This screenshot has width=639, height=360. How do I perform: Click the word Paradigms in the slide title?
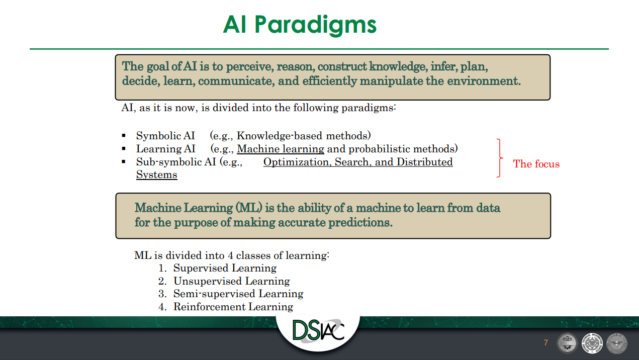(315, 25)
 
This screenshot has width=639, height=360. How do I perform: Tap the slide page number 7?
(545, 342)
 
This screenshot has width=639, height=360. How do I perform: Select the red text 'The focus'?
(536, 164)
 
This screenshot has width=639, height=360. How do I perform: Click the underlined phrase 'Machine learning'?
(281, 149)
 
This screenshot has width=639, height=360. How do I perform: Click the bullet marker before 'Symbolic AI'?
(124, 135)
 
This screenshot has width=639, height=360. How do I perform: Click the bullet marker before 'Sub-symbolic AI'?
(124, 162)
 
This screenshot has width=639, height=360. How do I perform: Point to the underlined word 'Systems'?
(157, 174)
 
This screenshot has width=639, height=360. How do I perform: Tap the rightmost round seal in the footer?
(616, 343)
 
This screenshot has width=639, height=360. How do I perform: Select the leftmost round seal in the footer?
(567, 343)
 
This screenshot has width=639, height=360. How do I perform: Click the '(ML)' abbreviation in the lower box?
(249, 208)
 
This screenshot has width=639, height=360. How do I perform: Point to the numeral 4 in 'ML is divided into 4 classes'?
(230, 255)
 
